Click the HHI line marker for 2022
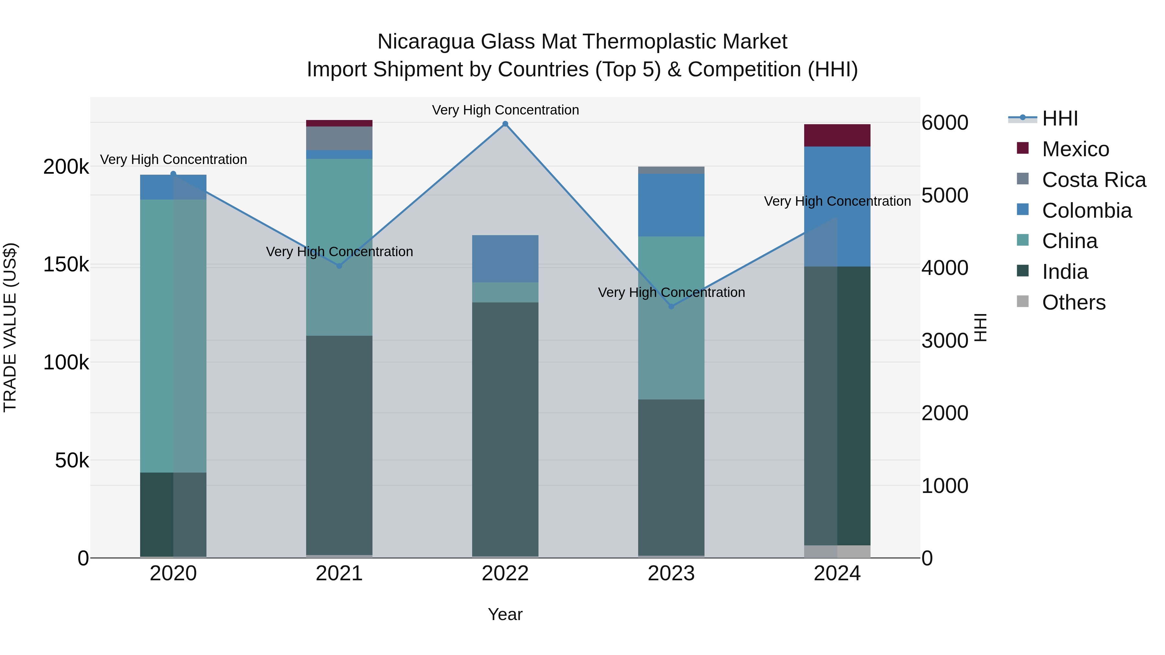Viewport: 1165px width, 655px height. pyautogui.click(x=505, y=124)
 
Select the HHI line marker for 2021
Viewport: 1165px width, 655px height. pyautogui.click(x=339, y=266)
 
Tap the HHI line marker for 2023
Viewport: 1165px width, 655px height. pyautogui.click(x=671, y=307)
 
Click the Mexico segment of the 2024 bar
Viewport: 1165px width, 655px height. pyautogui.click(x=837, y=135)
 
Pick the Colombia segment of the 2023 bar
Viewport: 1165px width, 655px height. pyautogui.click(x=671, y=205)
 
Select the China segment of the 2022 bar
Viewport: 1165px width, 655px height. pyautogui.click(x=505, y=292)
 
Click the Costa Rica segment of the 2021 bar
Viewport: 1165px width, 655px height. pyautogui.click(x=339, y=138)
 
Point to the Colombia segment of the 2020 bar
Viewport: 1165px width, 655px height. pyautogui.click(x=173, y=187)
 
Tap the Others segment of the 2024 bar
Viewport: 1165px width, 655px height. pyautogui.click(x=837, y=551)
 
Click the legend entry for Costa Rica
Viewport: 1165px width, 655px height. pyautogui.click(x=1093, y=180)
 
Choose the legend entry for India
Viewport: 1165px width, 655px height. pyautogui.click(x=1065, y=272)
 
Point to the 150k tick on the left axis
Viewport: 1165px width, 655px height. pyautogui.click(x=66, y=265)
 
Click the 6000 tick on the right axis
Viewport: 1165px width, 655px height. pyautogui.click(x=945, y=123)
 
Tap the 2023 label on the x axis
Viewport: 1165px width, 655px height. pyautogui.click(x=671, y=573)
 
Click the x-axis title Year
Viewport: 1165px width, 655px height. pyautogui.click(x=505, y=614)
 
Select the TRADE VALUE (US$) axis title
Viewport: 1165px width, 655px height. pyautogui.click(x=10, y=327)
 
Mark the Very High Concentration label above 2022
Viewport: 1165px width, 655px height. pyautogui.click(x=505, y=110)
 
